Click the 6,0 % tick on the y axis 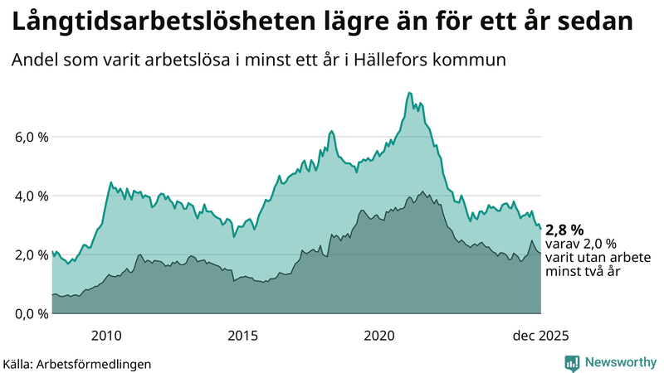(x=30, y=137)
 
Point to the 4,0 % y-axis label (x=30, y=196)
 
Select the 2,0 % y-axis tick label (x=30, y=254)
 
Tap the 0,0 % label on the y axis (x=30, y=313)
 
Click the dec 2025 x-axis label (x=539, y=336)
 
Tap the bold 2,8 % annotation (x=565, y=230)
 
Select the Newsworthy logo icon (x=572, y=362)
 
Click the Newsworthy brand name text (x=619, y=362)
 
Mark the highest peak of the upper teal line (x=410, y=93)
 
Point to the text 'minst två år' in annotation (x=580, y=271)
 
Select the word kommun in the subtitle (x=478, y=61)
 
